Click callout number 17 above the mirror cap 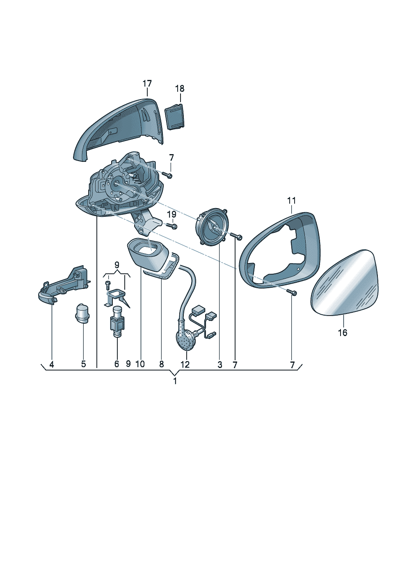pos(147,84)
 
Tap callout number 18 pos(180,89)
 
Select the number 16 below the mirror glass pos(343,333)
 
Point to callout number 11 pos(292,200)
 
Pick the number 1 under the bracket pos(175,381)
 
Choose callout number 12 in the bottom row pos(185,364)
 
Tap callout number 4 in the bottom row pos(52,364)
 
